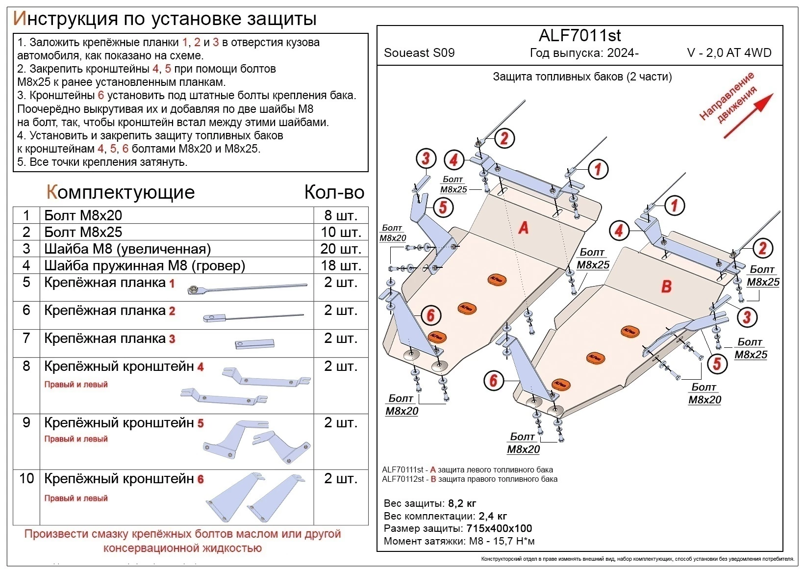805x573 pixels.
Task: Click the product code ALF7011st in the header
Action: point(579,35)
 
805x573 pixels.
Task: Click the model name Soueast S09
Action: point(419,53)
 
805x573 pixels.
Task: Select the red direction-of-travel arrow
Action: point(748,116)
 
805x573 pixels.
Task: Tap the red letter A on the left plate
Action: point(524,228)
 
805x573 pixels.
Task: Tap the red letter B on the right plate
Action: point(666,286)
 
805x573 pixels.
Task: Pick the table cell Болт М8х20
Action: point(83,215)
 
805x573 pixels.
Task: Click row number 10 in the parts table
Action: point(26,478)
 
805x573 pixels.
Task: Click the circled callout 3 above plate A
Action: point(426,158)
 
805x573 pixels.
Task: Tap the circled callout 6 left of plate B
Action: point(494,380)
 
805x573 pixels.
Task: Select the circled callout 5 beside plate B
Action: point(717,364)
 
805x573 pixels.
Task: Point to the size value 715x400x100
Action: point(499,528)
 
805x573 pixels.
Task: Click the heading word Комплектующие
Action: point(121,192)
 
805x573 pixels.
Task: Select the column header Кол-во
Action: point(334,192)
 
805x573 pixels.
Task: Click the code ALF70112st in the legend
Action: point(402,479)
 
